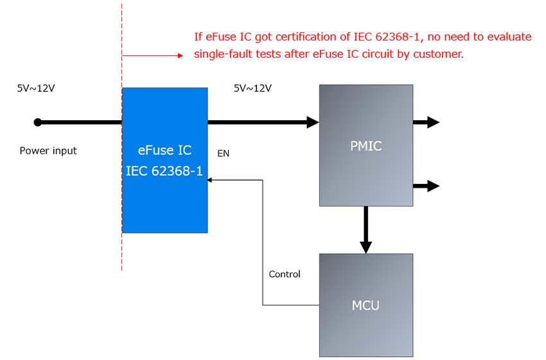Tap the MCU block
(366, 305)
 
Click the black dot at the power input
(38, 122)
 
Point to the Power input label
(48, 151)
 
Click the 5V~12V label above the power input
(36, 89)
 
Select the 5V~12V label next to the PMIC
(252, 89)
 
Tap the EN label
(223, 154)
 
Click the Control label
(285, 274)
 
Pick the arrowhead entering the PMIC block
(313, 122)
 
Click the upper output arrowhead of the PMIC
(434, 122)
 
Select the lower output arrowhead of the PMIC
(434, 186)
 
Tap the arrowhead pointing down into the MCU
(366, 247)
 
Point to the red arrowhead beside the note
(181, 55)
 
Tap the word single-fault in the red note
(222, 55)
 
